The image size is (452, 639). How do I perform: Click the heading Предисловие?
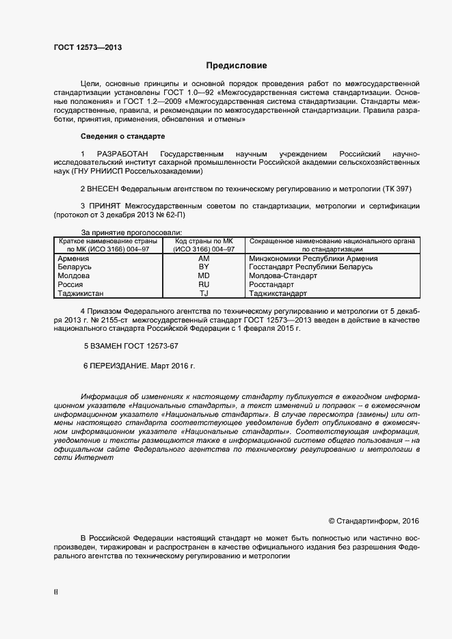coord(237,66)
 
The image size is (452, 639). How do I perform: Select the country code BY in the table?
coord(203,267)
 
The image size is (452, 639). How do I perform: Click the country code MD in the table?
coord(203,276)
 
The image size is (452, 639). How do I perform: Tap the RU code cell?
coord(203,284)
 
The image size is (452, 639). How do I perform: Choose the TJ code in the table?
coord(203,293)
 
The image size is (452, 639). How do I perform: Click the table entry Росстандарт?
coord(272,284)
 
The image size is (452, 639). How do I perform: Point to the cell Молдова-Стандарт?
coord(284,276)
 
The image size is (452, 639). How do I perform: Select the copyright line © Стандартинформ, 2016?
coord(373,521)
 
